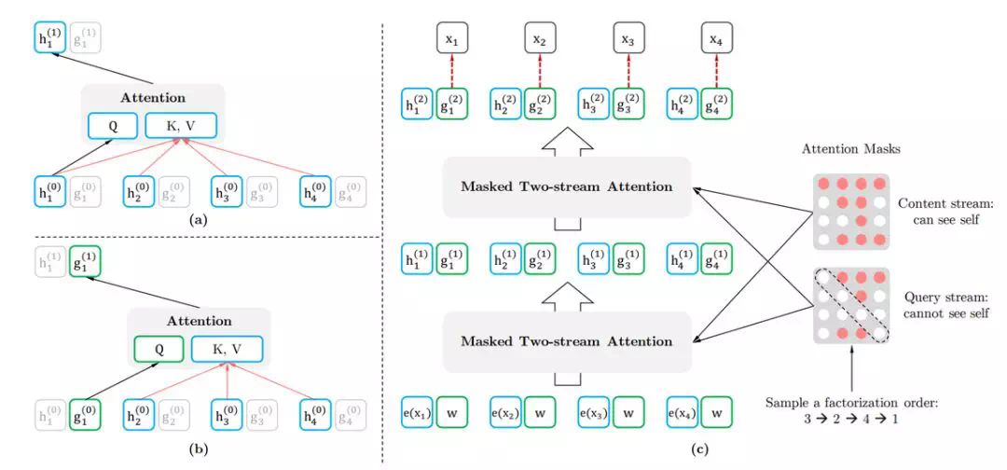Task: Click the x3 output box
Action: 628,41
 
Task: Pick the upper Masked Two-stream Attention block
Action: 565,187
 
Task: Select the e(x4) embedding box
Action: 684,411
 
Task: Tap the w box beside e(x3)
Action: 628,411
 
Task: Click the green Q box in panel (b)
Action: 160,349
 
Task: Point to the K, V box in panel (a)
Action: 181,125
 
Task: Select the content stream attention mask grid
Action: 852,212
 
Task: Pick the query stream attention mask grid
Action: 852,306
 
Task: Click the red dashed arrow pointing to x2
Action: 539,71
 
